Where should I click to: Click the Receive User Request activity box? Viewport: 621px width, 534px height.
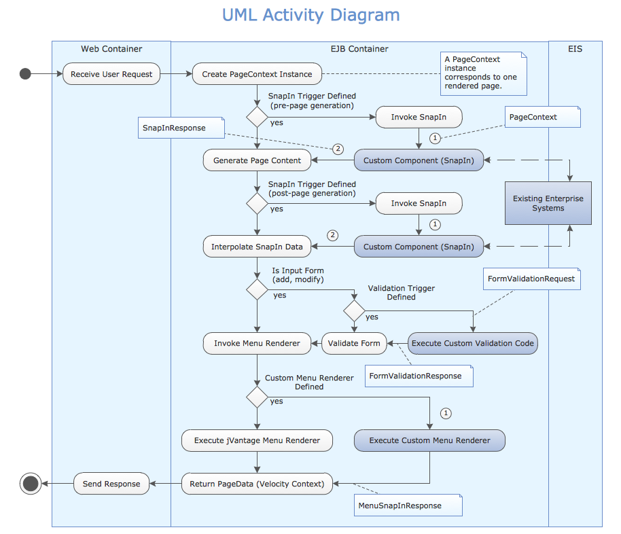tap(111, 74)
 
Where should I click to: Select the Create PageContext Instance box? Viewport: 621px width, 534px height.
tap(257, 74)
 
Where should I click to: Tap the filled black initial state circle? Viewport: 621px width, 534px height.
tap(26, 74)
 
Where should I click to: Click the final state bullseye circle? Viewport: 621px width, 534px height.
tap(31, 484)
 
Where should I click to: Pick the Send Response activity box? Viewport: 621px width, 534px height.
tap(111, 484)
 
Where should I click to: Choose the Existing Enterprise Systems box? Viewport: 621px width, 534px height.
tap(548, 203)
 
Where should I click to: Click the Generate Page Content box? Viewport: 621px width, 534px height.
tap(257, 160)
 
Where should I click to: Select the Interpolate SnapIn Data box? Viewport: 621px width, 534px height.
tap(257, 247)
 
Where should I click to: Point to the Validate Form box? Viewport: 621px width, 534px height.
tap(354, 343)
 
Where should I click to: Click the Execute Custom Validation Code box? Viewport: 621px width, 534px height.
tap(472, 343)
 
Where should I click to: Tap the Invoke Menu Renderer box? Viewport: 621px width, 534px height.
tap(257, 343)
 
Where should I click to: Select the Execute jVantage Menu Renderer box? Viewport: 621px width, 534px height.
tap(257, 440)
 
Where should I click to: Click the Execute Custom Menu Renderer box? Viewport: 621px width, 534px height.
tap(429, 440)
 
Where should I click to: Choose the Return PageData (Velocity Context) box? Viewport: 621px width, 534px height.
tap(257, 484)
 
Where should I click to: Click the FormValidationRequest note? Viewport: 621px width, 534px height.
tap(531, 279)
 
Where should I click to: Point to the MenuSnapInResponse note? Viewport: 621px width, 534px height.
tap(408, 505)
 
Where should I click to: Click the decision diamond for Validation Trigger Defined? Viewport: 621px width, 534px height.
tap(354, 312)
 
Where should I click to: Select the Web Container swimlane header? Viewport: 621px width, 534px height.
tap(111, 49)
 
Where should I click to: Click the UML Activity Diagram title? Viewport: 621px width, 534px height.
tap(310, 15)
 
